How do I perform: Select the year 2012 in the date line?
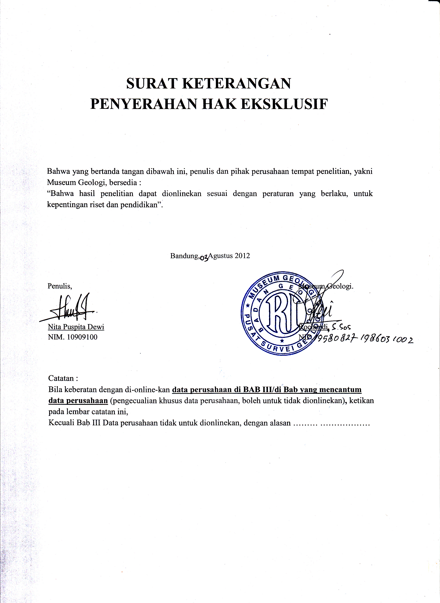click(x=242, y=256)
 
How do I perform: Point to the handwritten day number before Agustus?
click(x=204, y=257)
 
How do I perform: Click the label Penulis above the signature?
click(x=60, y=286)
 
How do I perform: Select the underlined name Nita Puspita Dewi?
click(x=76, y=327)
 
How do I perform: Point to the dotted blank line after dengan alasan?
click(x=332, y=423)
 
